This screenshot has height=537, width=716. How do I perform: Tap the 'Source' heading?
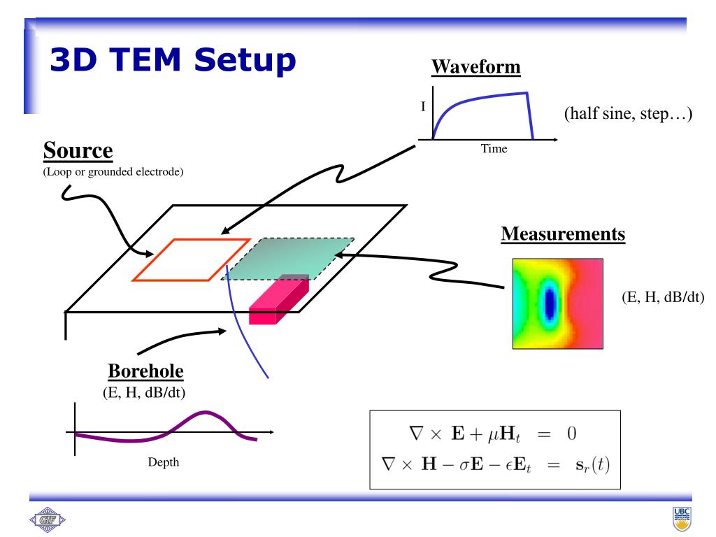78,151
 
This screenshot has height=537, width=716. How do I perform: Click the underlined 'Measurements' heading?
563,234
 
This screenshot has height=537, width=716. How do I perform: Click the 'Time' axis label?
494,149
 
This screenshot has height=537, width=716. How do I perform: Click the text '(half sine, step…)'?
628,114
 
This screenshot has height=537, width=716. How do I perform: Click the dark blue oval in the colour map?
550,303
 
